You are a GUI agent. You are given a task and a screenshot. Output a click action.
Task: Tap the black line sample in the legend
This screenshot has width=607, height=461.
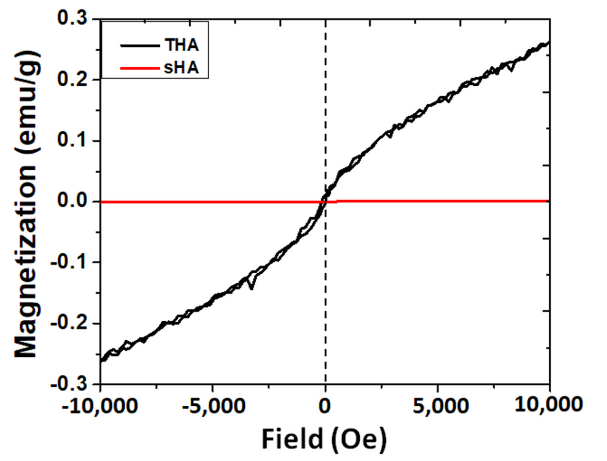coord(140,46)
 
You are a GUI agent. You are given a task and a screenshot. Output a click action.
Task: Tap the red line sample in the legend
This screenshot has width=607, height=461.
coord(140,68)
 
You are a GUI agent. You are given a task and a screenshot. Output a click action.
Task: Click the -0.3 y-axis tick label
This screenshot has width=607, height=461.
coord(69,384)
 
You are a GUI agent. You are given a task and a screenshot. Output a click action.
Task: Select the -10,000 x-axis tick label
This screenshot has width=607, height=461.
coord(99,406)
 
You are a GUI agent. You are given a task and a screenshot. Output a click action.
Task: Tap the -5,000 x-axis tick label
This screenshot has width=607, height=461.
coord(213,406)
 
